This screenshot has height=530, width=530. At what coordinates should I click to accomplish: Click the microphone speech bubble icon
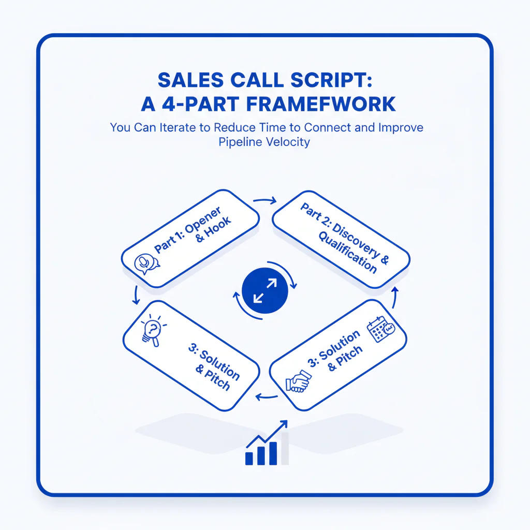click(x=146, y=263)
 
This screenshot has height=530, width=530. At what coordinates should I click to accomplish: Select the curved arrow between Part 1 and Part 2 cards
click(x=266, y=199)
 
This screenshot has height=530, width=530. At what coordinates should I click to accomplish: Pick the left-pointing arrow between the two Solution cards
click(x=266, y=397)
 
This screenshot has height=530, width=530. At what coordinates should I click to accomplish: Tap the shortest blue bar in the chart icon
click(x=249, y=458)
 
